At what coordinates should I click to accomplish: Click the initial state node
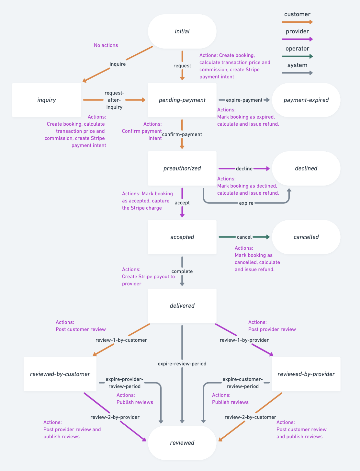tap(182, 31)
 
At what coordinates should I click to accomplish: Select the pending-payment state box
tap(182, 100)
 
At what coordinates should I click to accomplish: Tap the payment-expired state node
tap(306, 100)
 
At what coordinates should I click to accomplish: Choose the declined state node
tap(306, 168)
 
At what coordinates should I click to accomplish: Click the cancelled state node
tap(306, 237)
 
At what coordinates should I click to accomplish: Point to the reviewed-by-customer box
tap(60, 374)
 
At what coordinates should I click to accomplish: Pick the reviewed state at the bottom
tap(182, 443)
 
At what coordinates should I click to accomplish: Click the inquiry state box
tap(47, 100)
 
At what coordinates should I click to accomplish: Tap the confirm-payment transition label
tap(182, 134)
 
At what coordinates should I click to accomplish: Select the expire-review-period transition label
tap(182, 364)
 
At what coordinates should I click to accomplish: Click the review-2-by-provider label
tap(115, 417)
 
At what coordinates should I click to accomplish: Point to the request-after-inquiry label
tap(114, 100)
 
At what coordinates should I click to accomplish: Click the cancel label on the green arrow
tap(244, 237)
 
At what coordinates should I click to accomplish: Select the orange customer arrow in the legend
tap(297, 22)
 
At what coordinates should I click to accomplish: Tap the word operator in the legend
tap(297, 49)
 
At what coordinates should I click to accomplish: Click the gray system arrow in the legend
tap(297, 73)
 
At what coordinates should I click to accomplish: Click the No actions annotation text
tap(106, 45)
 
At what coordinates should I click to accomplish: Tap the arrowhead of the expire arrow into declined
tap(289, 190)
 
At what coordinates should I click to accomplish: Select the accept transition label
tap(182, 203)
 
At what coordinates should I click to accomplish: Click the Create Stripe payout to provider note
tap(148, 277)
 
